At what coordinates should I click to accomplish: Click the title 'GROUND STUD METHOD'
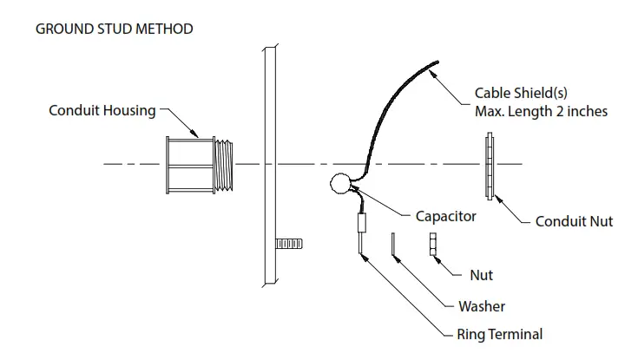114,29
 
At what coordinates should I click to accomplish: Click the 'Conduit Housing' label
102,110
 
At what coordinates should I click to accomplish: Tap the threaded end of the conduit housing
226,164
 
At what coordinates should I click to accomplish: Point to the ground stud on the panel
288,244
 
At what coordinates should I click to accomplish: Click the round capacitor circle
339,184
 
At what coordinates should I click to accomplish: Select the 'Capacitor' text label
445,216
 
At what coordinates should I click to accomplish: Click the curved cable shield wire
391,95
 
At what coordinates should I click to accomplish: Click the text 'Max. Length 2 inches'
541,111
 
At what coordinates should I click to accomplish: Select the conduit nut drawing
491,165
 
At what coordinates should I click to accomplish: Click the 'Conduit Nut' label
574,221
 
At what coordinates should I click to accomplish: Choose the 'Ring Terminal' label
499,334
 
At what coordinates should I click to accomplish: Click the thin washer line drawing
392,246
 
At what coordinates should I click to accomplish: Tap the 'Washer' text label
482,305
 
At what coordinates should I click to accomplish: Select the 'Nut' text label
481,275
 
